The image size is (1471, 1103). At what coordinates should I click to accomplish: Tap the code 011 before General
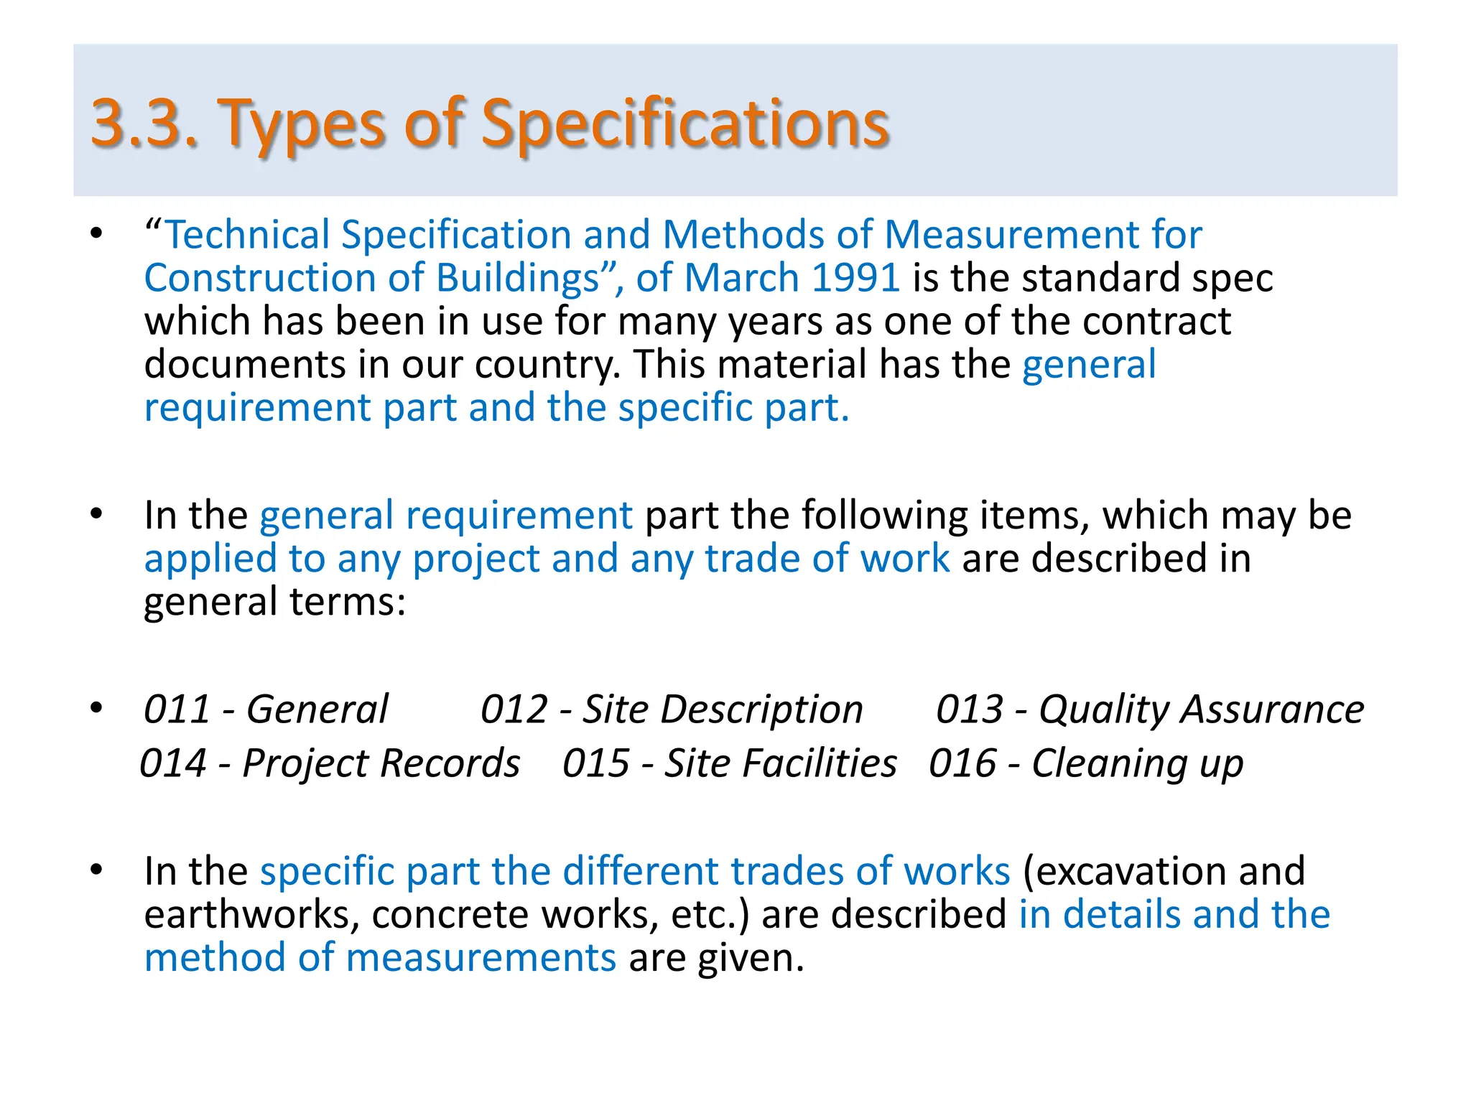[177, 709]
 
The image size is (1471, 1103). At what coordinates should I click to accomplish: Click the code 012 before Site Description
[514, 709]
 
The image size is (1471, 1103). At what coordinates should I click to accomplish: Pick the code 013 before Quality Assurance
[970, 709]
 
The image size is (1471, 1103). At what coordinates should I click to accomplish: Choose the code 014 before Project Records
[173, 763]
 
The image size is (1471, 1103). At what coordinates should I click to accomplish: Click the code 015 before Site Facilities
[596, 763]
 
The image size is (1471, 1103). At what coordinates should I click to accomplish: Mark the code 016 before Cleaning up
[962, 763]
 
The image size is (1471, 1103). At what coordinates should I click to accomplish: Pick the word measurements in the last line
[481, 959]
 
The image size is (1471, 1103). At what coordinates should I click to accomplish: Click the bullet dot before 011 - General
[96, 708]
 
